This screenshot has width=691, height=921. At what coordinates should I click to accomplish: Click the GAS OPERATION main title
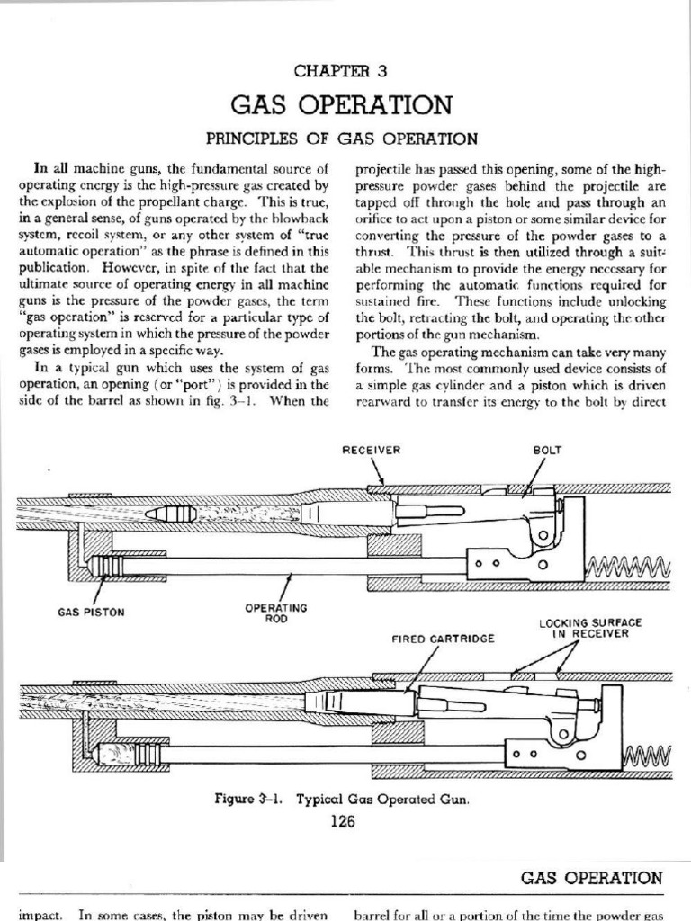tap(341, 106)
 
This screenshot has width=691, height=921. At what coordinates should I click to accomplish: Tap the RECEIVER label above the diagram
tap(371, 451)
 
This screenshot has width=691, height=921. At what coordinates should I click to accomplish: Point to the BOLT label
tap(547, 451)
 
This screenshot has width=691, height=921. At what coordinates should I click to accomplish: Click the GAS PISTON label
tap(90, 612)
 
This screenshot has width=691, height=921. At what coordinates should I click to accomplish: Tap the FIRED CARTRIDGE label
tap(431, 638)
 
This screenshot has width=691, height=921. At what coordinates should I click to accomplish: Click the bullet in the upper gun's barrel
tap(175, 514)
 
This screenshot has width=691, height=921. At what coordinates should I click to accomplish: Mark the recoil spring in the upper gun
tap(627, 566)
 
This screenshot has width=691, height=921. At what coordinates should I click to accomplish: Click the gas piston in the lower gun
tap(130, 752)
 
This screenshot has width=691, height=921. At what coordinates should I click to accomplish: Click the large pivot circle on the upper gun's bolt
tap(543, 536)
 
